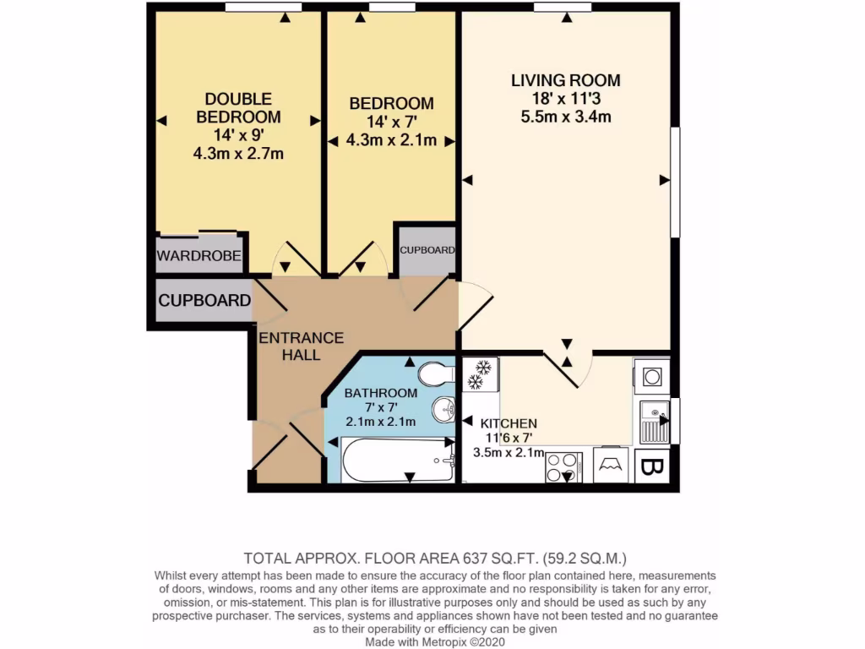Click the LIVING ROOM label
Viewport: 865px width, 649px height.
tap(565, 81)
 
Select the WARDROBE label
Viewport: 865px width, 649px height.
tap(200, 256)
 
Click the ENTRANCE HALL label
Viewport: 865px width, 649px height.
tap(301, 346)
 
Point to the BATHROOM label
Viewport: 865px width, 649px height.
tap(380, 393)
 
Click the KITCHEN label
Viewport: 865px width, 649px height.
tap(509, 423)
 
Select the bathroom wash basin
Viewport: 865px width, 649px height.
tap(444, 411)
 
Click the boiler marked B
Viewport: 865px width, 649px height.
tap(651, 467)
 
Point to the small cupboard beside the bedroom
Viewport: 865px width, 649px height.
tap(427, 251)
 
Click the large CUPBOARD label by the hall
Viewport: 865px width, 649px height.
tap(204, 301)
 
